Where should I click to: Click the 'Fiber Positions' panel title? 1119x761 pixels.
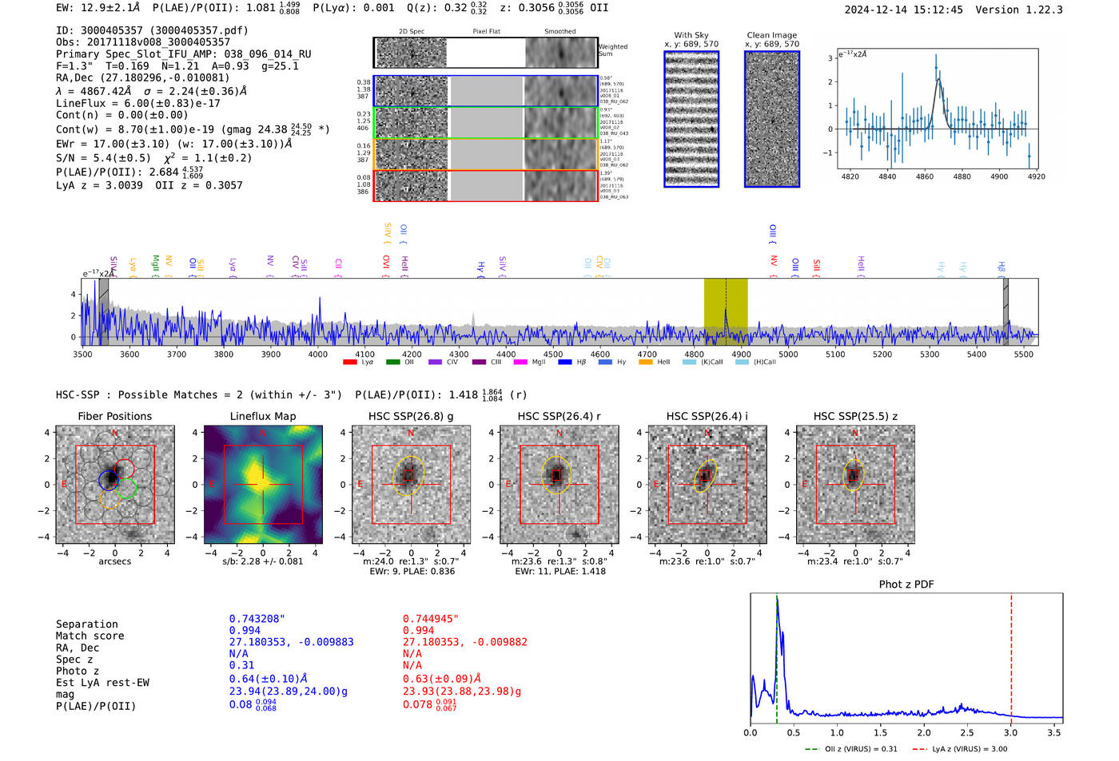coord(114,416)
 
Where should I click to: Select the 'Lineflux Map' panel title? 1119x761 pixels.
coord(263,416)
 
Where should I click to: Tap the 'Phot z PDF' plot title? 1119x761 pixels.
coord(906,585)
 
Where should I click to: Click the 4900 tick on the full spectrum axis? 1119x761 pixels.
coord(741,355)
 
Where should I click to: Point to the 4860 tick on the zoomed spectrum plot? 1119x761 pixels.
coord(925,176)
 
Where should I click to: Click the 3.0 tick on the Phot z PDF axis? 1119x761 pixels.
coord(1011,732)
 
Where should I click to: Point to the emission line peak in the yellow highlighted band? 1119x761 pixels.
coord(726,309)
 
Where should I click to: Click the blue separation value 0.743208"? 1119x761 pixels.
coord(257,619)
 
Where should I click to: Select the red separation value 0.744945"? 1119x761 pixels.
coord(431,619)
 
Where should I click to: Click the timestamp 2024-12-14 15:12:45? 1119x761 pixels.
coord(903,10)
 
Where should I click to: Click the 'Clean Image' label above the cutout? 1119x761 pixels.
coord(771,35)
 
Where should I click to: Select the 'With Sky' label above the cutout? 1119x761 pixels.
coord(691,35)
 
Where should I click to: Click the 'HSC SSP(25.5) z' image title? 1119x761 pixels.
coord(855,416)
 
